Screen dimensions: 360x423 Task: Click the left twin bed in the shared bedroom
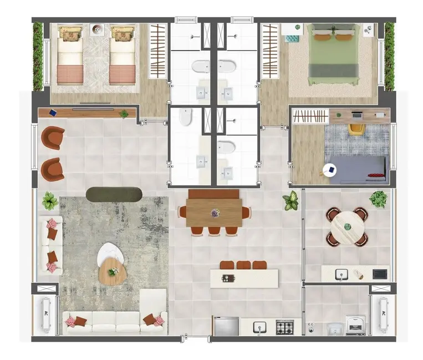[70, 55]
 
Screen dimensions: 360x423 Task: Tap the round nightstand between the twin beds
[96, 30]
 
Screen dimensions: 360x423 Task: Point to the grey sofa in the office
[357, 168]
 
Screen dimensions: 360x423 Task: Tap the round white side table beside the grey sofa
[329, 171]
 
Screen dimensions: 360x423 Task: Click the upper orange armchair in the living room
[53, 137]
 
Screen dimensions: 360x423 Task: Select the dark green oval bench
[114, 194]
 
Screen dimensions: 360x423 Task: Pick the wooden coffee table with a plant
[113, 271]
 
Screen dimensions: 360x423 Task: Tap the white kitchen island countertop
[244, 278]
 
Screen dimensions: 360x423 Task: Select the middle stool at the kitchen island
[243, 265]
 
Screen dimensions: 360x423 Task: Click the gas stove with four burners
[285, 327]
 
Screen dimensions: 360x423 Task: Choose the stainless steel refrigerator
[226, 326]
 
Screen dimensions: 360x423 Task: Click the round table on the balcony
[346, 227]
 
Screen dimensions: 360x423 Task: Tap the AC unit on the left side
[45, 315]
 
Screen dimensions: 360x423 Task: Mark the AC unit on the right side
[383, 315]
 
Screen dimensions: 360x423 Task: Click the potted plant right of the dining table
[291, 200]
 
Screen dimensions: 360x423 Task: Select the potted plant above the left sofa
[50, 200]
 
